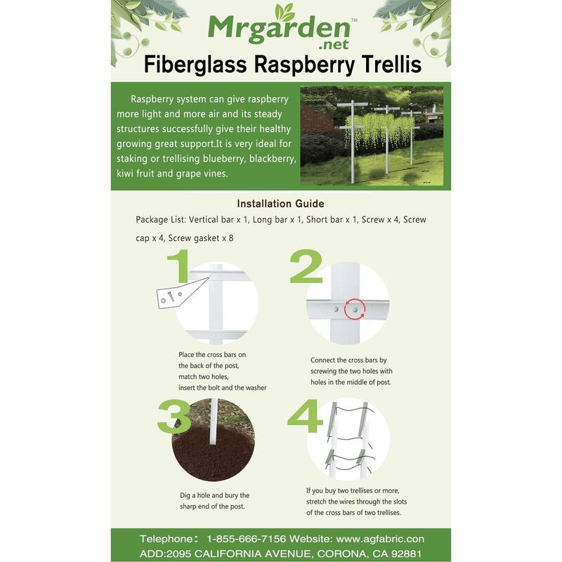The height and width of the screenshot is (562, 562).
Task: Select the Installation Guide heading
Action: coord(280,204)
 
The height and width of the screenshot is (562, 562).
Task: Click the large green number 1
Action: coord(179,274)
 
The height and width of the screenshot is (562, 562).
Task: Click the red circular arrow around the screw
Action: coord(355,309)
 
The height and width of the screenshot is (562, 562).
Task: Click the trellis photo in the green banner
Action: coord(372,135)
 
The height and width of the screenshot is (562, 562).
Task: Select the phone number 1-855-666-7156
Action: coord(246,539)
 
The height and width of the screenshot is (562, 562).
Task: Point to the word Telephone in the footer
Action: coord(166,539)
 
